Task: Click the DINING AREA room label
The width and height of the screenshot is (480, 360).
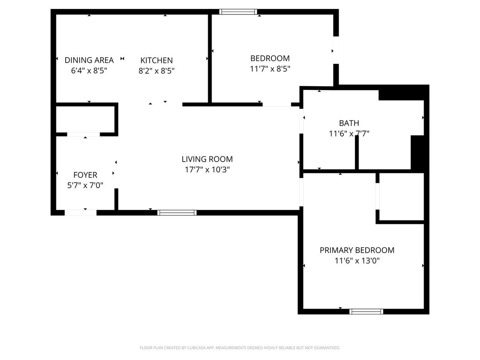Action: (x=89, y=60)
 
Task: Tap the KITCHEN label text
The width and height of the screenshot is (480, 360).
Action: (x=157, y=61)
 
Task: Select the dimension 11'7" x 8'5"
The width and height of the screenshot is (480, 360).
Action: (x=270, y=68)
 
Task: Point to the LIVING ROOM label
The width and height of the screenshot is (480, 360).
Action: (x=207, y=159)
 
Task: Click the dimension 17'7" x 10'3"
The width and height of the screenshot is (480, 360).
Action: (x=207, y=169)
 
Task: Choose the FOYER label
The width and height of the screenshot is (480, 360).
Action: (x=85, y=175)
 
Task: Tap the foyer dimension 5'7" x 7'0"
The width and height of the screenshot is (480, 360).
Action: (x=85, y=185)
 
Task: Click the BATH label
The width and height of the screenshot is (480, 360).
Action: (x=349, y=123)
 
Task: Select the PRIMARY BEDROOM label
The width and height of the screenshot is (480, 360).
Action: (x=357, y=250)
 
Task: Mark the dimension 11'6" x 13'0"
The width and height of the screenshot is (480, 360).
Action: (x=357, y=260)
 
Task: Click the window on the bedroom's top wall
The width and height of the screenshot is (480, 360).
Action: (x=238, y=12)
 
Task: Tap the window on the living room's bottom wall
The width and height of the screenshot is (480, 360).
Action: (x=177, y=212)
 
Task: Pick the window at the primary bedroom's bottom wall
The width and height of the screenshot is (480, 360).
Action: (x=366, y=311)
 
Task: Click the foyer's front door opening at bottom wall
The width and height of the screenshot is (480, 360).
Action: (x=81, y=212)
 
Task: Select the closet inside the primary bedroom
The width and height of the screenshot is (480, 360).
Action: (x=401, y=197)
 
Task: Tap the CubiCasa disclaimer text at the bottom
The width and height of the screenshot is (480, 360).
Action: (x=240, y=348)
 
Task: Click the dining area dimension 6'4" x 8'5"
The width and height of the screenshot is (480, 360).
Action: (x=89, y=70)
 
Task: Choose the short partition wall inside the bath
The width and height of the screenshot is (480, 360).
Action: (x=357, y=153)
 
